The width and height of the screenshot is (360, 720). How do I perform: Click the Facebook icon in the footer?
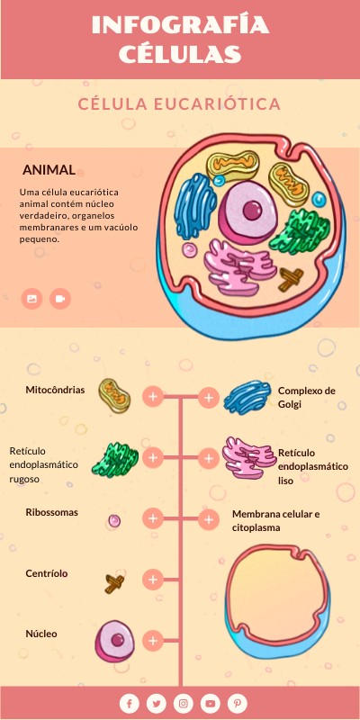130,704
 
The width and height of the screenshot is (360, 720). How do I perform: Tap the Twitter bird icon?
156,704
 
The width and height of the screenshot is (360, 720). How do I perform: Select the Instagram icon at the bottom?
184,704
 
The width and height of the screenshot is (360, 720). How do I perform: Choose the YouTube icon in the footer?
211,704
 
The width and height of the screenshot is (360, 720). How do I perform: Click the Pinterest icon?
237,704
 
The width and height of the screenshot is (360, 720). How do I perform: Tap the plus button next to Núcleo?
153,640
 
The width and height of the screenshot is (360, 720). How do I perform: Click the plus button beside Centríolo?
153,580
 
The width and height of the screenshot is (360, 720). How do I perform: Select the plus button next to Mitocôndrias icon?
153,396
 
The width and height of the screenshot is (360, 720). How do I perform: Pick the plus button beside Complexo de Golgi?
209,398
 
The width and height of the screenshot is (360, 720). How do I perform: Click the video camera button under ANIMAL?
60,299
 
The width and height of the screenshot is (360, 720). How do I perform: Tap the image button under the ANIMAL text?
31,299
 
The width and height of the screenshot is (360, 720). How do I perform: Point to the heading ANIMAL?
49,170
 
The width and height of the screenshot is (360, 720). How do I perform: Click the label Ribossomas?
52,512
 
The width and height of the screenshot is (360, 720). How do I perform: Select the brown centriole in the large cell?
291,279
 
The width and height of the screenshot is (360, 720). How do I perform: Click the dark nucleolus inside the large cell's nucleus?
252,211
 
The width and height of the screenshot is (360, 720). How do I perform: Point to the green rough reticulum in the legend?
115,460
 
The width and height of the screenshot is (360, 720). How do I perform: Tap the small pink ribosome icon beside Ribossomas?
114,520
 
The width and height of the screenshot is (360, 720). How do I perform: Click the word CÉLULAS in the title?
180,54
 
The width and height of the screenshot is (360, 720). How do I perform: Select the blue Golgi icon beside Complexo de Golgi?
247,397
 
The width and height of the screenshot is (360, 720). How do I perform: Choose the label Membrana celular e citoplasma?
276,521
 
